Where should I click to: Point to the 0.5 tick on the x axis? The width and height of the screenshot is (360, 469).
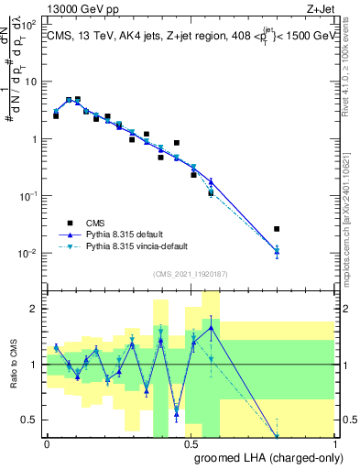point(190,444)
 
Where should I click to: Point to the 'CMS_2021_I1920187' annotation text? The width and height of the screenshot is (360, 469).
point(190,274)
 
